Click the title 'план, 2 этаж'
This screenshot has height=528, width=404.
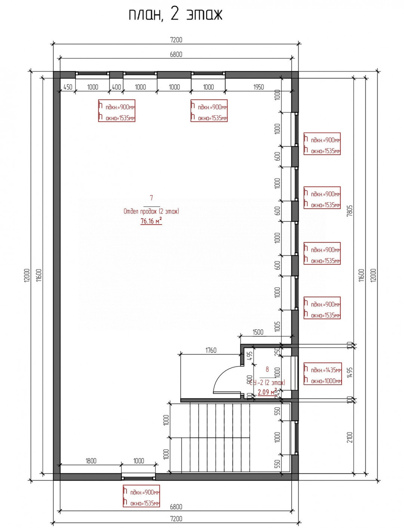175,15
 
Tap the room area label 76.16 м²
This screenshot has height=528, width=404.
151,221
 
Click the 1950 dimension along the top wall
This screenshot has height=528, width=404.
258,87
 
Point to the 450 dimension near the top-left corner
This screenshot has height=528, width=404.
68,87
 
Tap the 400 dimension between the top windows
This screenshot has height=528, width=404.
116,87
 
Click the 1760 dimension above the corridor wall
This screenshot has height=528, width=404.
211,350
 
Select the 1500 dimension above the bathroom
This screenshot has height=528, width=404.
258,332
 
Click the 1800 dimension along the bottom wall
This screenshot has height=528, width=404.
91,461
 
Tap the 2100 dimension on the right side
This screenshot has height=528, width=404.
350,437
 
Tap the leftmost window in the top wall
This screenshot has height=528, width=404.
92,73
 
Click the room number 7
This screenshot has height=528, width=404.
151,198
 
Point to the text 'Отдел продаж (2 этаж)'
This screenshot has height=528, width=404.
151,211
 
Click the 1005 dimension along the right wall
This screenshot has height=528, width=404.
277,326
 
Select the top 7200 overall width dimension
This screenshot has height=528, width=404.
176,40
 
